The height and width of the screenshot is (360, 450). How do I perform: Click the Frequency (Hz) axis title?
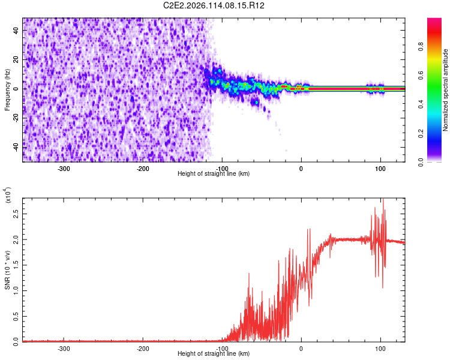point(7,91)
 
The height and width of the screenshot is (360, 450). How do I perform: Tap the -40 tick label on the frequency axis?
point(16,146)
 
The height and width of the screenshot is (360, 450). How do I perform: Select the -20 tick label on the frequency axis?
point(16,118)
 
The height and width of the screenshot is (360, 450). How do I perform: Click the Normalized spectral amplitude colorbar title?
point(446,91)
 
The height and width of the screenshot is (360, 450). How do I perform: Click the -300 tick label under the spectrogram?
point(64,169)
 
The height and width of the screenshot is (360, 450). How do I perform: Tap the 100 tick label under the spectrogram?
point(380,169)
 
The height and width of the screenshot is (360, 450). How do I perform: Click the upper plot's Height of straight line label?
point(214,173)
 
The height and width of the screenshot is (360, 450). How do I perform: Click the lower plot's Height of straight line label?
point(214,353)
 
